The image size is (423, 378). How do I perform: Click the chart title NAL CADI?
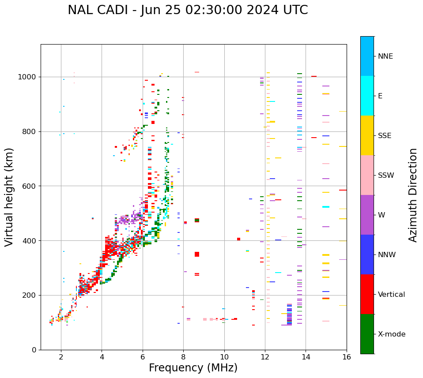(x=188, y=10)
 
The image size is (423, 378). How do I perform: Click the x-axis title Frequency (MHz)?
(x=193, y=368)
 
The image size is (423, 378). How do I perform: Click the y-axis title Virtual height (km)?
(x=9, y=197)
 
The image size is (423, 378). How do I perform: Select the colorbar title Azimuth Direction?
(x=413, y=195)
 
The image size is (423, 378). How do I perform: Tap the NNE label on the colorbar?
(x=385, y=56)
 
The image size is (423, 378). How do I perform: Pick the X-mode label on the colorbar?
(x=391, y=334)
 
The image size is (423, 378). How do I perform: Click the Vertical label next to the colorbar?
(x=391, y=295)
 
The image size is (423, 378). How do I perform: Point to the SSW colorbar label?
(x=386, y=176)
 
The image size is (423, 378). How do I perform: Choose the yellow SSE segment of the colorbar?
(x=367, y=135)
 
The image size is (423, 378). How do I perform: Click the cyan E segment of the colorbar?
(x=367, y=96)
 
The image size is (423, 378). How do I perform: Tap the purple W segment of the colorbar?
(x=367, y=215)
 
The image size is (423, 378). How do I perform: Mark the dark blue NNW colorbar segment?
(x=367, y=254)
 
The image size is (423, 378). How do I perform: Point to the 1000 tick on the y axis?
(x=27, y=77)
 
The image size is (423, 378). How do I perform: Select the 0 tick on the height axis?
(x=34, y=350)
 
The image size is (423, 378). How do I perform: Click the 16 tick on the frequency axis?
(x=347, y=356)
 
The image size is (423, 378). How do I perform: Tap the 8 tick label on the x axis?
(x=183, y=356)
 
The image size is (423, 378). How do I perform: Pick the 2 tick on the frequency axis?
(x=61, y=356)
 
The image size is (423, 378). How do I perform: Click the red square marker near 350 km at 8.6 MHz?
(x=197, y=254)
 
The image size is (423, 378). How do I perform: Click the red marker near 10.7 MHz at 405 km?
(x=238, y=239)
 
